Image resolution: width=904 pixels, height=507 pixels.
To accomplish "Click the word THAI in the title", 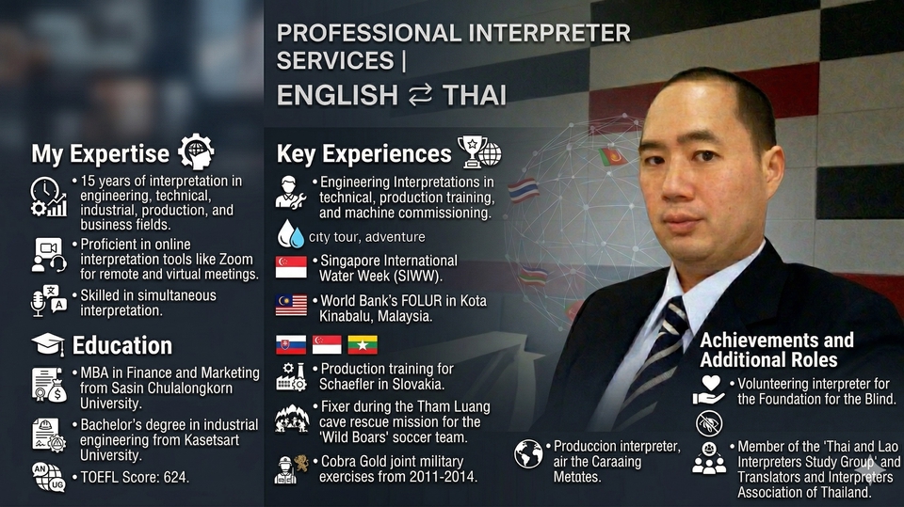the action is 475,95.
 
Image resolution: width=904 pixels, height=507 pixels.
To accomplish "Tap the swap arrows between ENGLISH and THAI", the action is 420,95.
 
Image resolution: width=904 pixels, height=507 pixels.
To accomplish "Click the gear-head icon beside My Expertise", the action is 196,151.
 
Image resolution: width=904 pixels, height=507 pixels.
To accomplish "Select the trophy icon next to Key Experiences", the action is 472,151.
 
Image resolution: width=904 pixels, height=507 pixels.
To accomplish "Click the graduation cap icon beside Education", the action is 48,344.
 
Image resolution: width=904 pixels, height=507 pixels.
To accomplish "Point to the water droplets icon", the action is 291,234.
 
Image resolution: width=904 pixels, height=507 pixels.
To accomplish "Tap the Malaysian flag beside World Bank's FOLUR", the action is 291,306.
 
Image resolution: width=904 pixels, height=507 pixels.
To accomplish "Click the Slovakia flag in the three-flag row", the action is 291,344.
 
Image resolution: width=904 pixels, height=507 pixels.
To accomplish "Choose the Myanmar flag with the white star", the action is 363,344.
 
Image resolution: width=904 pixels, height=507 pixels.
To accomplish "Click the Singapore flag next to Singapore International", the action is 291,267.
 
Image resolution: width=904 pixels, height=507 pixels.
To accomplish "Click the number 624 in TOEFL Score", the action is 175,477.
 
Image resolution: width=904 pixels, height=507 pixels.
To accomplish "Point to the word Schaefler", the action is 346,385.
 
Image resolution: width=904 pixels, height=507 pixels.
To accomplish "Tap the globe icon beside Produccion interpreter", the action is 528,454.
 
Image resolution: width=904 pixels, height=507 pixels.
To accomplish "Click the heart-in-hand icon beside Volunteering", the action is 710,390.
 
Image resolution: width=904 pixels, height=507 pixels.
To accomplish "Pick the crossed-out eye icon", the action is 709,423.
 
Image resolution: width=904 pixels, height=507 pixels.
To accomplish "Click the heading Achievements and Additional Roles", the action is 777,350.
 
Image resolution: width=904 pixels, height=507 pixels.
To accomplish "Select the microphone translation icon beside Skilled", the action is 48,301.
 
